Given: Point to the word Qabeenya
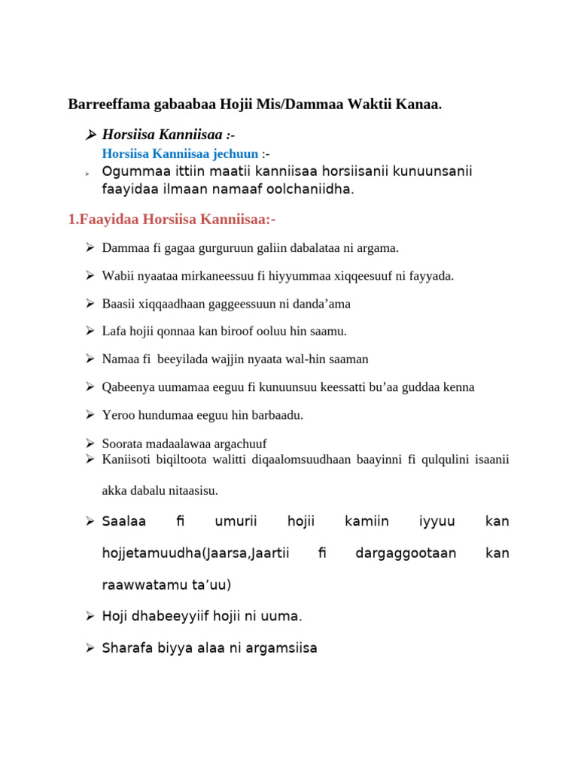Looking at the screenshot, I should pyautogui.click(x=126, y=387).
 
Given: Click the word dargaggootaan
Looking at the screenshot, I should pyautogui.click(x=406, y=553).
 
